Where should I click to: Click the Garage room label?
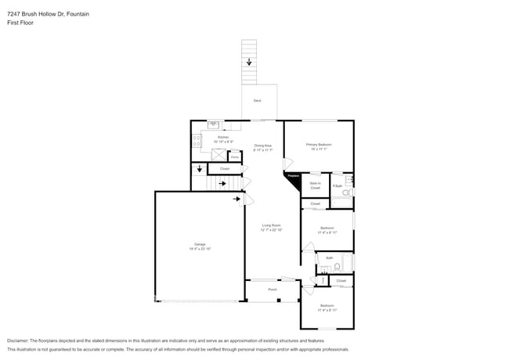click(200, 244)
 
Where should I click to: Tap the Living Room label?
click(272, 225)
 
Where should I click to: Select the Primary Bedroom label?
click(319, 145)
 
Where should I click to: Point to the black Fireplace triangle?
click(292, 180)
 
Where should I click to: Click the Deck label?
click(257, 101)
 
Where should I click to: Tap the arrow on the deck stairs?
click(250, 62)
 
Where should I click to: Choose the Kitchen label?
click(223, 137)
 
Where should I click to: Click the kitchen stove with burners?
click(197, 141)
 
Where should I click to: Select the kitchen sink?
click(213, 124)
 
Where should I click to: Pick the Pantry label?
click(234, 157)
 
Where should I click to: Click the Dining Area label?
click(262, 146)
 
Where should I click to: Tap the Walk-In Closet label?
click(315, 185)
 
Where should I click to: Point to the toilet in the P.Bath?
click(348, 192)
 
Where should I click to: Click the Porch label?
click(273, 290)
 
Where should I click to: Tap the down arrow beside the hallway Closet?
click(199, 169)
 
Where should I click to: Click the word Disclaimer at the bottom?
click(18, 341)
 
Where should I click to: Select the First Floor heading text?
click(20, 23)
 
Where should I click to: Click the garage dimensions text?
click(200, 249)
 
